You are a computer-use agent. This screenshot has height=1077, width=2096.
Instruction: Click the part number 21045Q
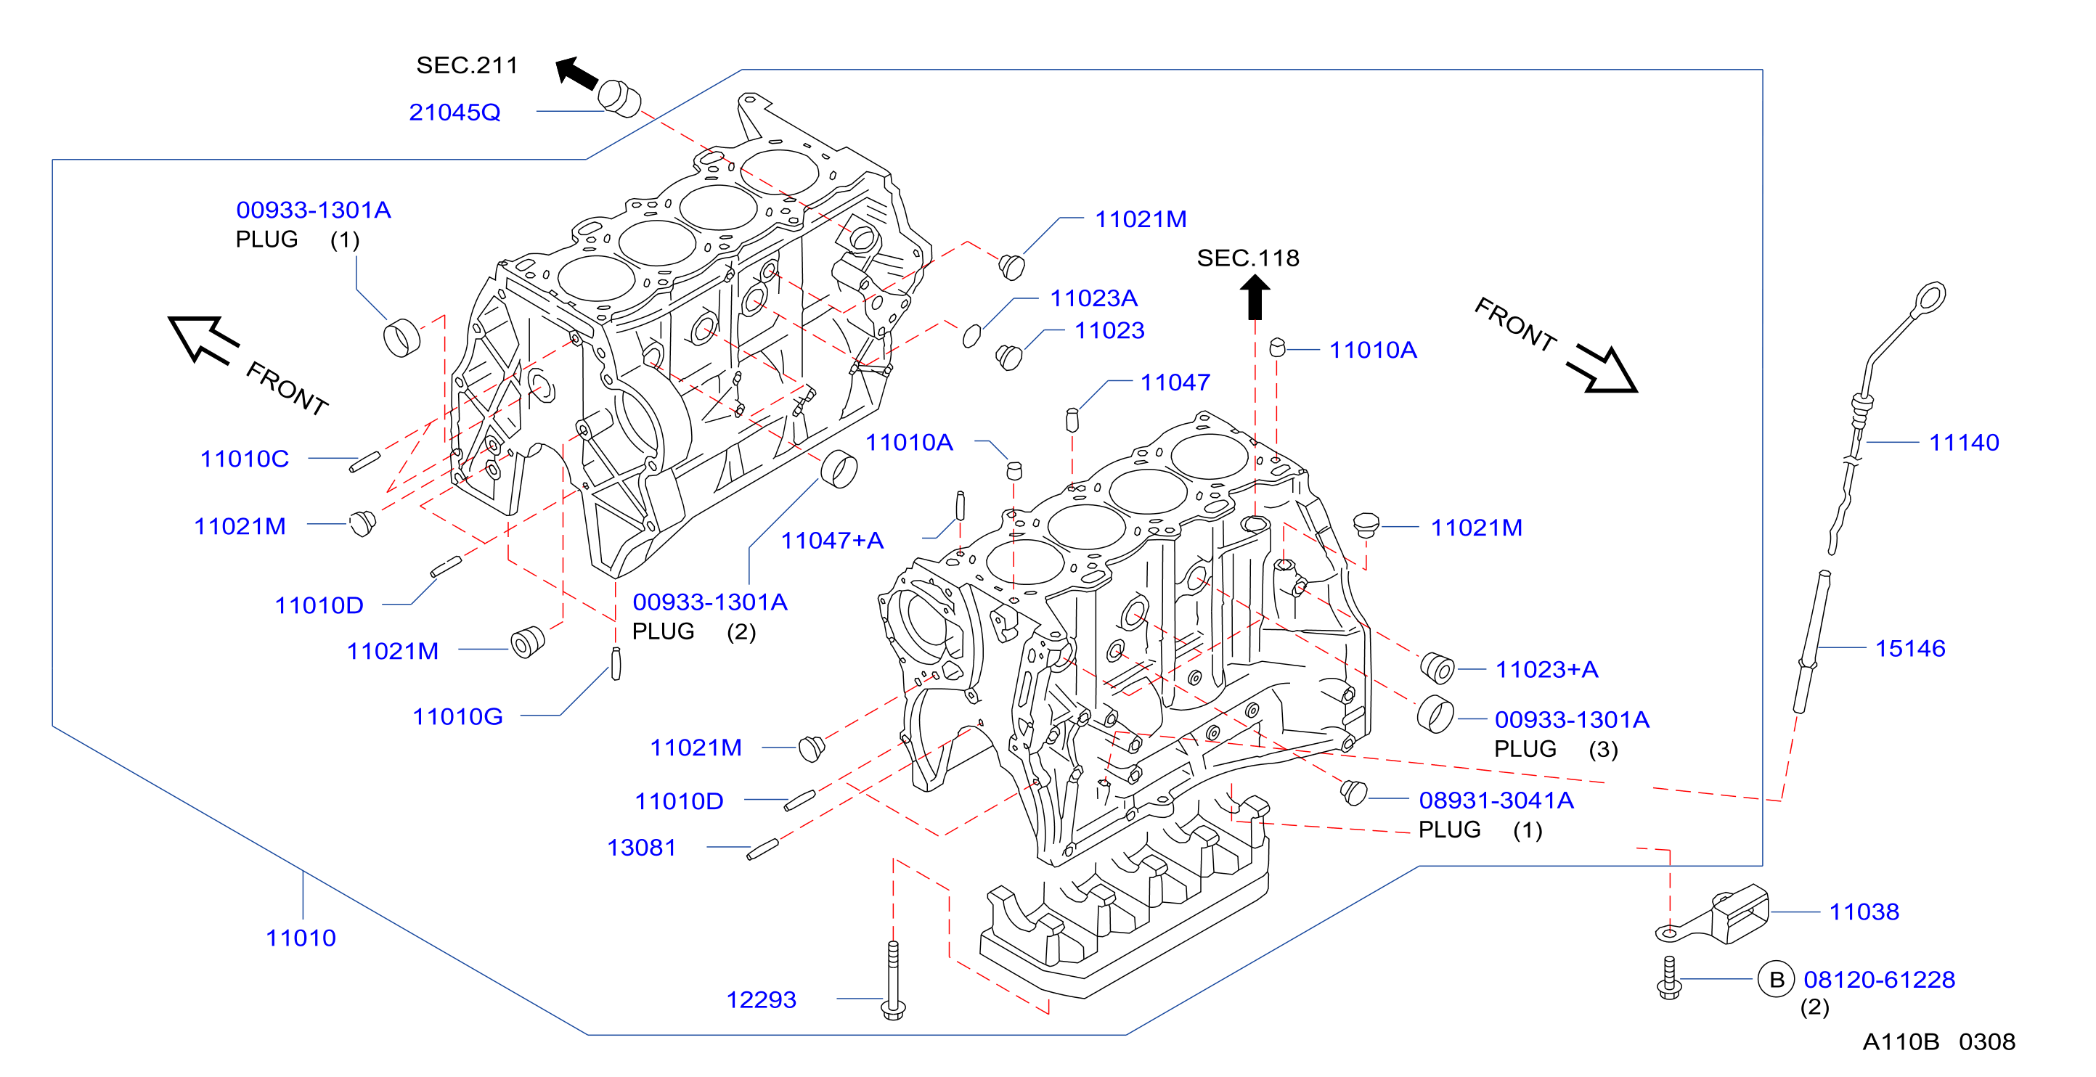point(454,112)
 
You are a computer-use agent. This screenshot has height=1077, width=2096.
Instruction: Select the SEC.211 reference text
point(467,65)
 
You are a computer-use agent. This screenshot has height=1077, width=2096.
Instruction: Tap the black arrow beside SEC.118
point(1255,297)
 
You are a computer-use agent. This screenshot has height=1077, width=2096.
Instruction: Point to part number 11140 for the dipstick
point(1963,443)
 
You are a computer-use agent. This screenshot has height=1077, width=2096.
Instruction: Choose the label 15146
point(1909,648)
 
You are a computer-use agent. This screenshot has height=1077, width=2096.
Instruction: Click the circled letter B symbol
point(1777,979)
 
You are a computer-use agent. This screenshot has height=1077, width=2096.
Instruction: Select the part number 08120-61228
point(1879,979)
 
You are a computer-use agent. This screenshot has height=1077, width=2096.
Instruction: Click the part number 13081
point(641,848)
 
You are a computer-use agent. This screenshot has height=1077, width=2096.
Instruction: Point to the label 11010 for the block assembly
point(301,938)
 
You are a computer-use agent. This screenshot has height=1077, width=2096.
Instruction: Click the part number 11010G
point(457,716)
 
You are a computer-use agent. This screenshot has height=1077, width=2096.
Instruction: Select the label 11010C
point(244,459)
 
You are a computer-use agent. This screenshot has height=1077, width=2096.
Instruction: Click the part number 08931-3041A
point(1496,800)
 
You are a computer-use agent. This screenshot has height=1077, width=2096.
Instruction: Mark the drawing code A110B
point(1901,1042)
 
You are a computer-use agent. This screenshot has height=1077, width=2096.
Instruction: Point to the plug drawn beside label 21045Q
point(619,99)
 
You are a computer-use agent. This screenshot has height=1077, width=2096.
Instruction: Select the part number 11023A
point(1093,298)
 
